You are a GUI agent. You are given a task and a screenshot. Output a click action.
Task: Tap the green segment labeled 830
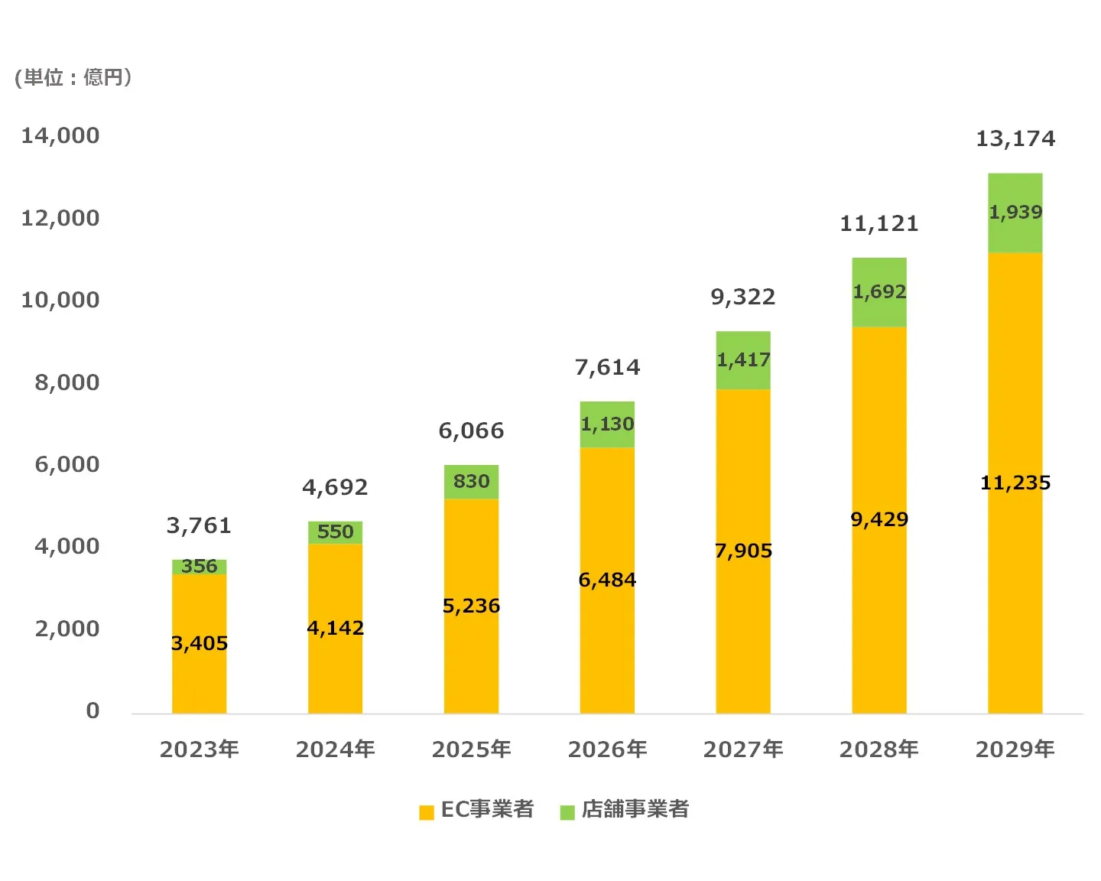[471, 482]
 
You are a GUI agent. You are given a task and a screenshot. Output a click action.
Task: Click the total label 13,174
[1015, 138]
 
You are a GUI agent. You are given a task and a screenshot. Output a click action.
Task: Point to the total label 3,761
[199, 525]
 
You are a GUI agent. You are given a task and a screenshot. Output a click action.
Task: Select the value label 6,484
[607, 580]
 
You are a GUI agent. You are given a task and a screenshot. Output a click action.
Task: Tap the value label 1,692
[879, 291]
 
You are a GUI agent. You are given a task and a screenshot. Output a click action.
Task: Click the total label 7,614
[607, 367]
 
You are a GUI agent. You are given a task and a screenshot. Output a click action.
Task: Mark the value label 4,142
[335, 628]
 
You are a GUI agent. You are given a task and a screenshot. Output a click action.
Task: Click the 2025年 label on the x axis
[471, 749]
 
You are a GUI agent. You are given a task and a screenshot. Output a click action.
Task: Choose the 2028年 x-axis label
[879, 749]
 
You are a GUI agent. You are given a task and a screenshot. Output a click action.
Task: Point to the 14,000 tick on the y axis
[60, 135]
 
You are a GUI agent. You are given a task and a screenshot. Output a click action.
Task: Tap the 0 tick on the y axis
[93, 710]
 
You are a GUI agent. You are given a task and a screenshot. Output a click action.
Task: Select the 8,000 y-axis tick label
[67, 382]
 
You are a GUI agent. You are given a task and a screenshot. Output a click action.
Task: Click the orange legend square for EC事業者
[427, 812]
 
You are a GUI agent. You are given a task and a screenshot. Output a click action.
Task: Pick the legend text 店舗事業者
[635, 809]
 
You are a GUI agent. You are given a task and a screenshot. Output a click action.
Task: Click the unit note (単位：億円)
[73, 77]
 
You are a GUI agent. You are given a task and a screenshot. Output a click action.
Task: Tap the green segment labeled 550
[335, 532]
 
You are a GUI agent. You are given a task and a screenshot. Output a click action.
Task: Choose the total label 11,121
[879, 223]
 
